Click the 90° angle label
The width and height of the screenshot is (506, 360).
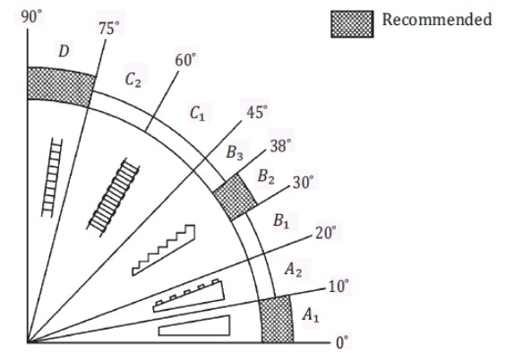coord(31,17)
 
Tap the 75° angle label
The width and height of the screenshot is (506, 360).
coord(108,29)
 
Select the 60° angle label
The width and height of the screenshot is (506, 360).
coord(184,60)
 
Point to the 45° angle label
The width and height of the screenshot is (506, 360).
coord(256,112)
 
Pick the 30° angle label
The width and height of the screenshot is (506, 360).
coord(303,183)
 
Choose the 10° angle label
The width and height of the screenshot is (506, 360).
coord(339,287)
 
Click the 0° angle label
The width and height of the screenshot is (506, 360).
coord(342,343)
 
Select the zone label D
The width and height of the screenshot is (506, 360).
coord(64,51)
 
